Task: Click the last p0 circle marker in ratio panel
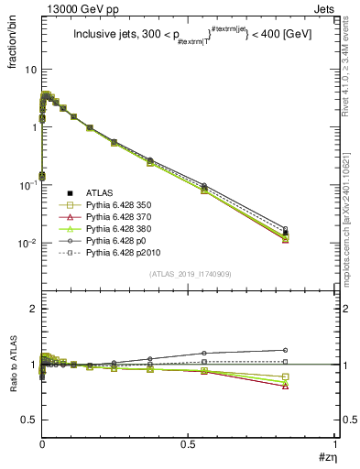311,350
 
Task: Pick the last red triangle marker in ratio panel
311,387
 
